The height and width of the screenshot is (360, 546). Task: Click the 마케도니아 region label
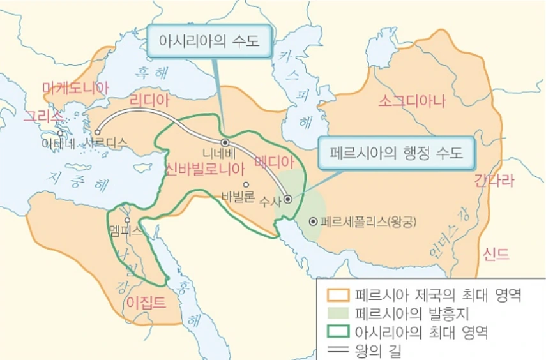tap(75, 88)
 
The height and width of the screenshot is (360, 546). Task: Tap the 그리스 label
tap(43, 116)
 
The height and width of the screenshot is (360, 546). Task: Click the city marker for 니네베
tap(225, 142)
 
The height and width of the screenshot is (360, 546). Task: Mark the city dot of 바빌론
tap(246, 184)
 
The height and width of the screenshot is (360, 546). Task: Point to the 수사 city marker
tap(288, 199)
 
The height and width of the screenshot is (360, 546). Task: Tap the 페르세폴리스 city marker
tap(313, 222)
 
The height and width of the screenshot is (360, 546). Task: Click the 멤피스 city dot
tap(128, 220)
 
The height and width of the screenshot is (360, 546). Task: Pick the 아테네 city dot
tap(59, 133)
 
